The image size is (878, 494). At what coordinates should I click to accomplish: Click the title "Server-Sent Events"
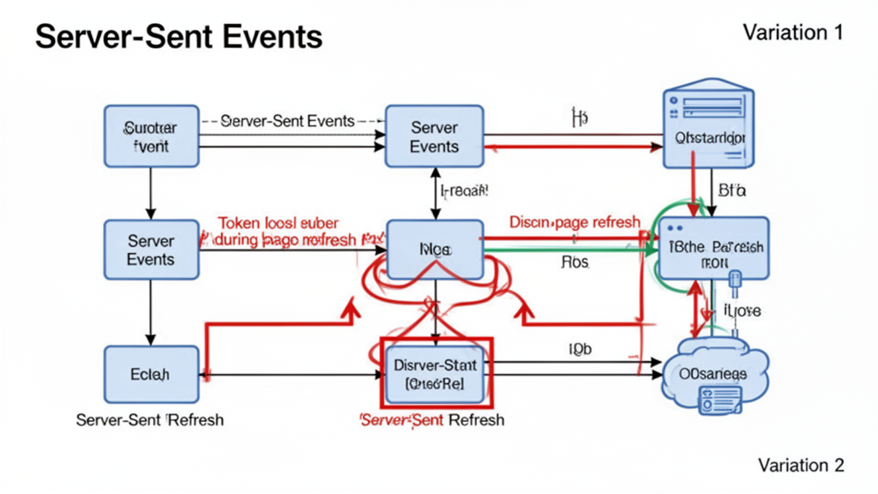pos(178,37)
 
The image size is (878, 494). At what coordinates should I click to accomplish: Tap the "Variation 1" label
pos(793,33)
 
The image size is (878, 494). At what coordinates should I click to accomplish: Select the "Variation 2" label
pos(801,465)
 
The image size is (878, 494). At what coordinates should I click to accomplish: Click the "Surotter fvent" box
pos(151,136)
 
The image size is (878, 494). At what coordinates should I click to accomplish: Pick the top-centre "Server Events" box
pos(434,136)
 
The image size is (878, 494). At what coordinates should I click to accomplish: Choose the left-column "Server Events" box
pos(151,250)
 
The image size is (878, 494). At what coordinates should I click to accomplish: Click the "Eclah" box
pos(151,374)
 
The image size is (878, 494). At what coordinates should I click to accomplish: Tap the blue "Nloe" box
pos(435,250)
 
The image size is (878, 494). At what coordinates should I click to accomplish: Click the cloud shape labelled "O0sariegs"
pos(712,376)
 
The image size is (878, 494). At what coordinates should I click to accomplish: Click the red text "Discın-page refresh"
pos(574,221)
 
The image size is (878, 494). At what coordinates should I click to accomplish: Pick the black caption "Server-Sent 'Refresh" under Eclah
pos(150,419)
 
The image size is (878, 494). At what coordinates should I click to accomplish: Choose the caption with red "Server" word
pos(432,419)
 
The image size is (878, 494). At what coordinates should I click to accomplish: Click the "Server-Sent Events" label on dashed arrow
pos(287,121)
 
